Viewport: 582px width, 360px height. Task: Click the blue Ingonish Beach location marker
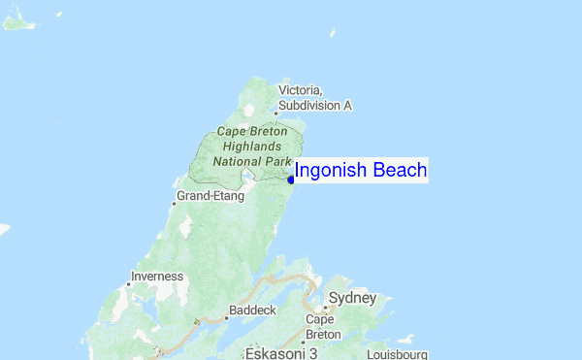(x=291, y=179)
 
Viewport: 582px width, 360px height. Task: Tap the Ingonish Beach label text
(x=360, y=171)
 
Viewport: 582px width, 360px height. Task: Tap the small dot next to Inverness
(x=130, y=283)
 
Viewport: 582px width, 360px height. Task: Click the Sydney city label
(x=352, y=297)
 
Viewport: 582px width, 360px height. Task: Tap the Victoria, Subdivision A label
(x=314, y=97)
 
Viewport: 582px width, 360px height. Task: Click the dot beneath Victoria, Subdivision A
(x=275, y=112)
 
